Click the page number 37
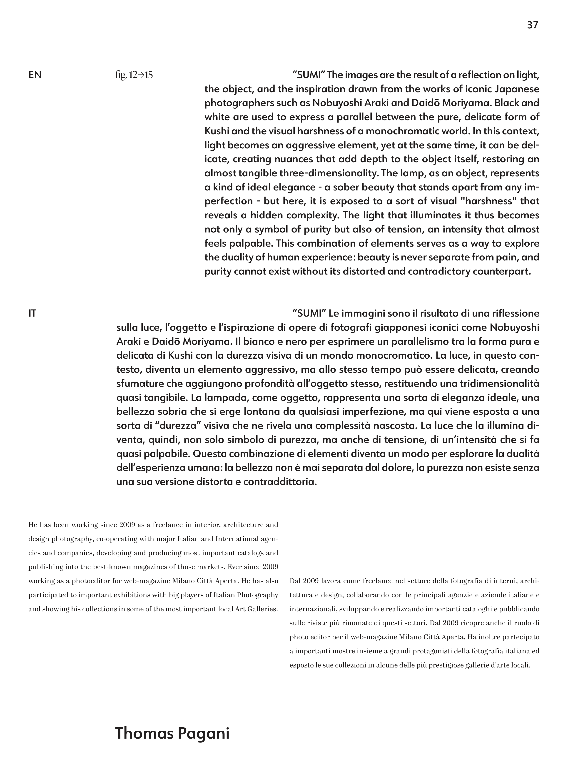pos(532,25)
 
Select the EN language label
pos(35,75)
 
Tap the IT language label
pos(32,313)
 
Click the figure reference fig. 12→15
pos(134,75)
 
